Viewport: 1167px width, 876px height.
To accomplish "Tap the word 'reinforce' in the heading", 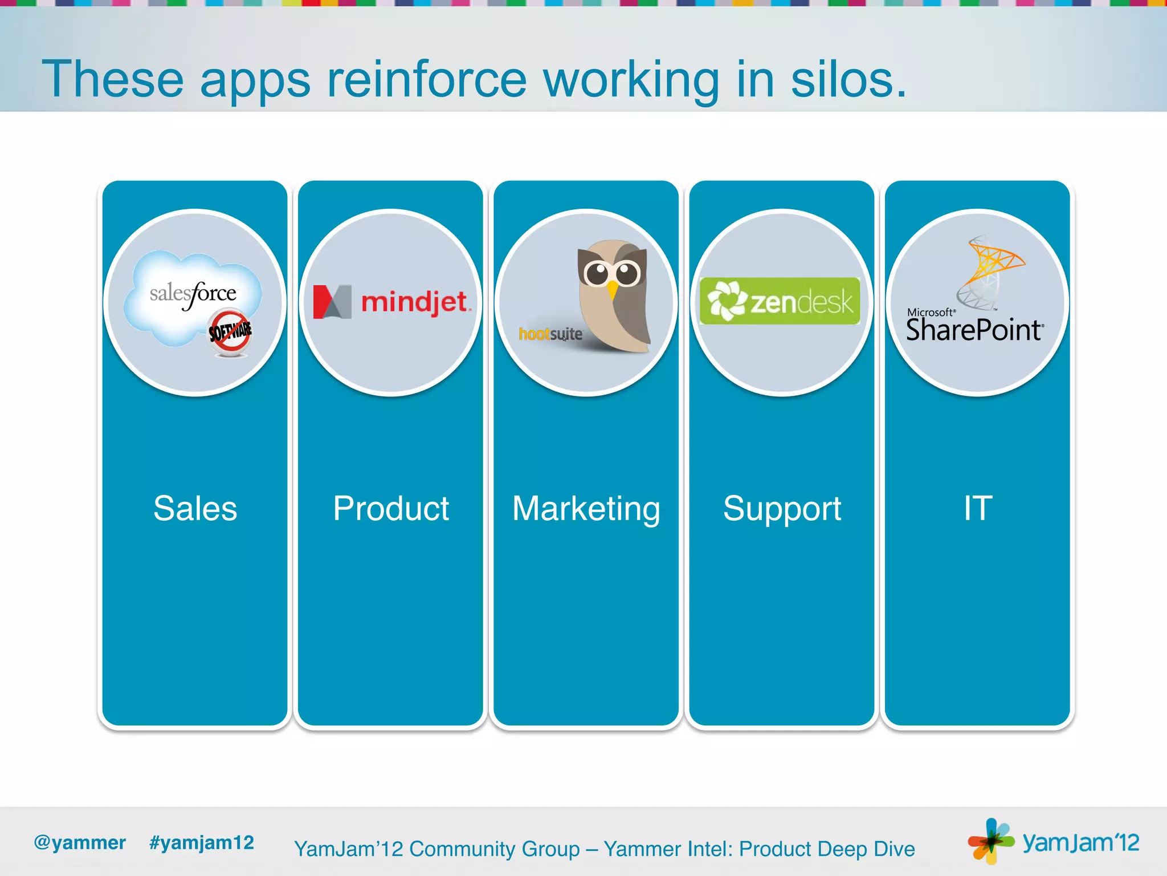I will pos(426,80).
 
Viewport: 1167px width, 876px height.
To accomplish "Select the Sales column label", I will pos(195,508).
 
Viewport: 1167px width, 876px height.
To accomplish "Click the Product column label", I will pos(391,508).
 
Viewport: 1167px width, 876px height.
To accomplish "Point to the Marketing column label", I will pos(586,508).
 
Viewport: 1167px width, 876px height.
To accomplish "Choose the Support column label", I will pos(782,508).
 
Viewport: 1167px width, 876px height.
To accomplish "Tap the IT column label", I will pos(978,508).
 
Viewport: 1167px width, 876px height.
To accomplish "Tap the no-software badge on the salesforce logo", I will pos(230,332).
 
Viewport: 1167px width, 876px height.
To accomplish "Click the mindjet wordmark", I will pos(415,302).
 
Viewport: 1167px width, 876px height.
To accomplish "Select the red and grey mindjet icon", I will pos(332,302).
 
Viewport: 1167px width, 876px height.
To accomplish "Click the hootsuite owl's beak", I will pos(612,290).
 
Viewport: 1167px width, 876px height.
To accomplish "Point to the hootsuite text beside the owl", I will pos(550,334).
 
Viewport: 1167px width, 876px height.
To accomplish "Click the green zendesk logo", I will pos(780,301).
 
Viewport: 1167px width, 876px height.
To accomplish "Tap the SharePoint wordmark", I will pos(974,330).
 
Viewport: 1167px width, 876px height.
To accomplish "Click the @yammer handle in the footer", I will pos(80,842).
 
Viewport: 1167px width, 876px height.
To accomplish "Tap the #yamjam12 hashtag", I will pos(201,842).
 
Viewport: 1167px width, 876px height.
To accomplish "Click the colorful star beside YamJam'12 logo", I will pos(990,841).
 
